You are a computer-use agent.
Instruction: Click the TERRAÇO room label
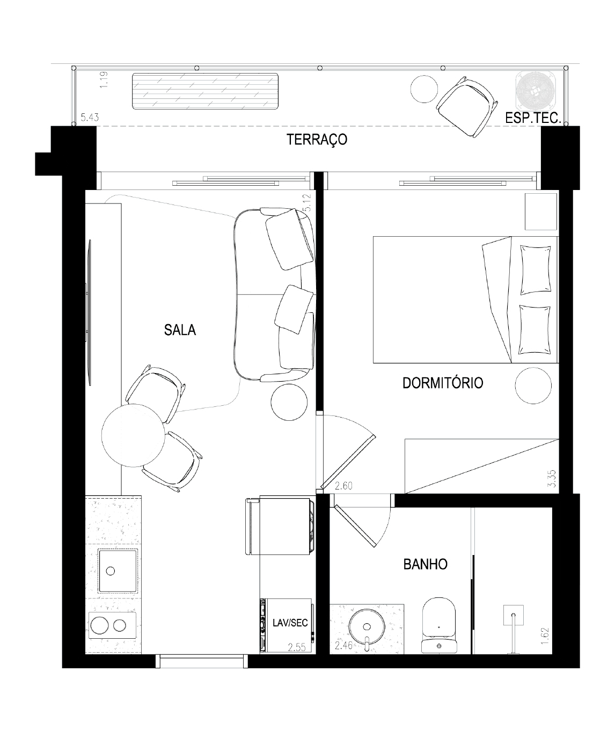tap(317, 140)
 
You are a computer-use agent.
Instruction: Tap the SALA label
tap(180, 330)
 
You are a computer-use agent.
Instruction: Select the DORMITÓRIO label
tap(443, 383)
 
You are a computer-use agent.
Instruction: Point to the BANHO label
tap(426, 565)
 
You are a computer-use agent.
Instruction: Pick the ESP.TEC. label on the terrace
tap(533, 118)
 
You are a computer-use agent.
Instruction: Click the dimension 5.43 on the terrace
tap(90, 118)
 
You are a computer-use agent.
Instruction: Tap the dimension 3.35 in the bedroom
tap(552, 478)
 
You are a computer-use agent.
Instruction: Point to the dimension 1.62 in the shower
tap(544, 636)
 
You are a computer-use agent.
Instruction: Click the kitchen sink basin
tap(118, 571)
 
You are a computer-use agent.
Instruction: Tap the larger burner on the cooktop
tap(99, 625)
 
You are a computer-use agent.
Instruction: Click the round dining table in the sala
tap(133, 435)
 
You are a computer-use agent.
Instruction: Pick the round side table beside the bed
tap(533, 386)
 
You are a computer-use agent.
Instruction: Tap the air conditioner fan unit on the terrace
tap(536, 90)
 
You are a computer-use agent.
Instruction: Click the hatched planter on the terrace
tap(205, 91)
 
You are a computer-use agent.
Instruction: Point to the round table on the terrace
tap(424, 89)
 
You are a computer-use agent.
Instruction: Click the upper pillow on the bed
tap(536, 269)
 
